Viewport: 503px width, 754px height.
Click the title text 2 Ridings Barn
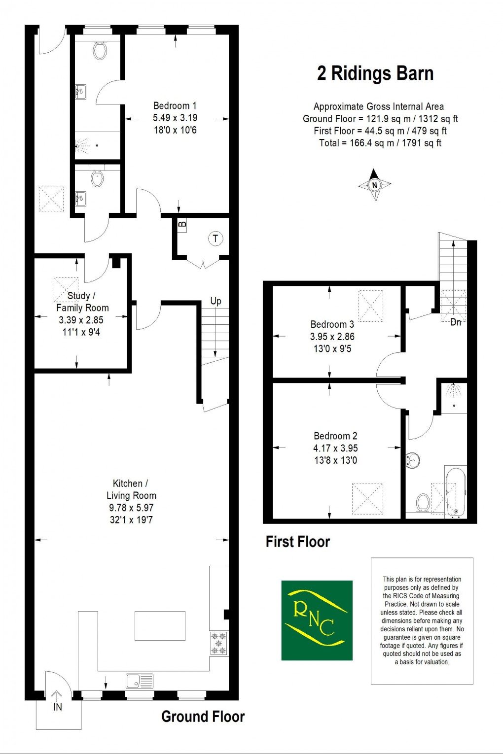click(x=375, y=73)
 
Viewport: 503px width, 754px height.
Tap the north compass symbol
click(x=375, y=185)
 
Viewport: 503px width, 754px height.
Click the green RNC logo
click(x=317, y=620)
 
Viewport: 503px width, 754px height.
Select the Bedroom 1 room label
click(x=175, y=105)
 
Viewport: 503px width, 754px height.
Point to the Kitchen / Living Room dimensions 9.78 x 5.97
click(x=131, y=508)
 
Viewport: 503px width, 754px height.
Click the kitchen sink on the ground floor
click(x=140, y=681)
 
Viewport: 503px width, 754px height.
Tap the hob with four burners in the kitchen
click(x=218, y=644)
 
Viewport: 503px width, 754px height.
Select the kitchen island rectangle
click(x=160, y=626)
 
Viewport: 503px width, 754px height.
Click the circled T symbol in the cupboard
click(x=215, y=239)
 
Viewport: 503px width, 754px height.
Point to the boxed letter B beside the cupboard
click(x=182, y=225)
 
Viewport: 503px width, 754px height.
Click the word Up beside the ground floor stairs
click(x=216, y=301)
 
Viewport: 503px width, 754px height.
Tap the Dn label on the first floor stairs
click(x=456, y=322)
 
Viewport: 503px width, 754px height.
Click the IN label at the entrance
click(x=58, y=707)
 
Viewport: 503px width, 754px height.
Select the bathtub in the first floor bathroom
click(x=455, y=491)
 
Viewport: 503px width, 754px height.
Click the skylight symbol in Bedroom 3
click(x=371, y=306)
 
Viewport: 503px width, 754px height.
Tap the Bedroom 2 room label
click(x=335, y=436)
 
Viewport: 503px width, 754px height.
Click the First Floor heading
click(x=298, y=542)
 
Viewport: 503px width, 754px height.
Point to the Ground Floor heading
click(x=203, y=717)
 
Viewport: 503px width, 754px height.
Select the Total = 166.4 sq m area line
click(x=380, y=143)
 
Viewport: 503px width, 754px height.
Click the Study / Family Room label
click(x=82, y=302)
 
